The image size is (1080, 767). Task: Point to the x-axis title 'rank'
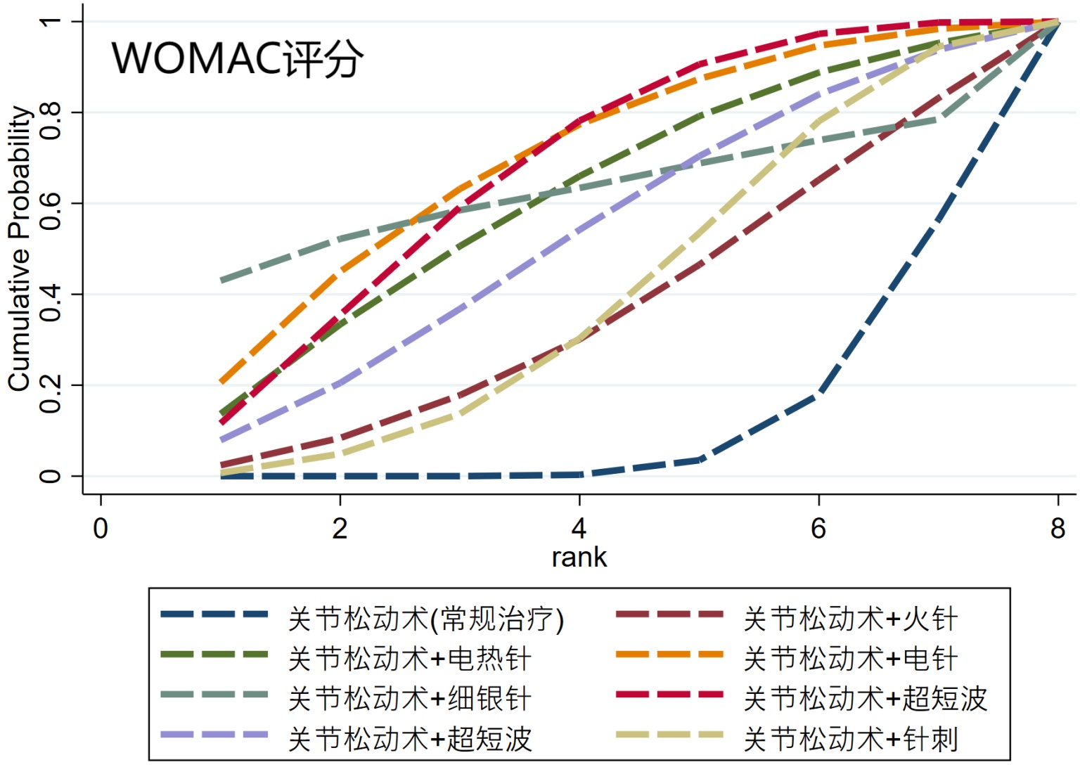(x=579, y=557)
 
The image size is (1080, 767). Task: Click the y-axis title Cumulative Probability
(x=19, y=249)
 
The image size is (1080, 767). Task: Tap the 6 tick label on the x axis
(x=818, y=528)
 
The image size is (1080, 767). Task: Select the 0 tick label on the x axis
(x=101, y=528)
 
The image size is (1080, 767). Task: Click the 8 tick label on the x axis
(x=1057, y=528)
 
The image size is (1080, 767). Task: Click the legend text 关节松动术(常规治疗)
(x=426, y=619)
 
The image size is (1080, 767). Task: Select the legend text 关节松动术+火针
(x=850, y=619)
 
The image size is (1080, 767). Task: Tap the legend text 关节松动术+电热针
(x=409, y=659)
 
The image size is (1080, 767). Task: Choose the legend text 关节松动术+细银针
(x=409, y=700)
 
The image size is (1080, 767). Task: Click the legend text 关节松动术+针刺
(x=850, y=740)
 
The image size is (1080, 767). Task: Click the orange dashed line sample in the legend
(x=669, y=655)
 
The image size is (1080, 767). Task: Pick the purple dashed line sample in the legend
(x=214, y=735)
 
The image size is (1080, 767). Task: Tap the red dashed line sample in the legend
(x=669, y=695)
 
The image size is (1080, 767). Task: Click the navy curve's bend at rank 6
(x=818, y=394)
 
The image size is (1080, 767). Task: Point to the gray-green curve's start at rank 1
(x=221, y=281)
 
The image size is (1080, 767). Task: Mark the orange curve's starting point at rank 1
(x=221, y=382)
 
